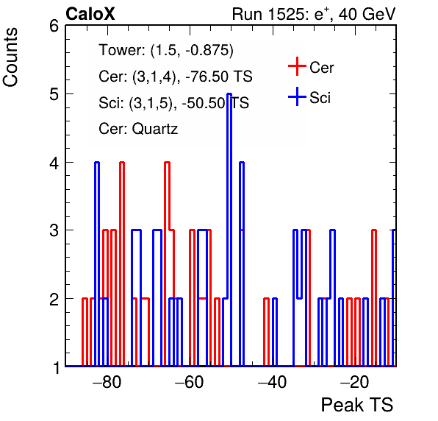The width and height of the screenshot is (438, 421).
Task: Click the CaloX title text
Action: [90, 14]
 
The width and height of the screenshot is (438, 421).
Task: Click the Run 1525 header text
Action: [314, 14]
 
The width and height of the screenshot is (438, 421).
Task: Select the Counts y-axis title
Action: [10, 57]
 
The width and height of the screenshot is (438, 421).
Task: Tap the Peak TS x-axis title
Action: [357, 405]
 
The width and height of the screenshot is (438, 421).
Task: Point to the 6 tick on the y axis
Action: [54, 26]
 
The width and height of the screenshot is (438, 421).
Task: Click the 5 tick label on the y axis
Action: [54, 94]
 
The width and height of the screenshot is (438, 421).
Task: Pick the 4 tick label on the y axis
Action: [54, 163]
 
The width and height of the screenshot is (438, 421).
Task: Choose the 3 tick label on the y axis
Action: [54, 230]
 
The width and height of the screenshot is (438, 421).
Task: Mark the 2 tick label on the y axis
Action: [54, 299]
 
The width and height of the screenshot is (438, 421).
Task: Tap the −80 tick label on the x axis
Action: [107, 382]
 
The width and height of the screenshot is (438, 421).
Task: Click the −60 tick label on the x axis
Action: [190, 382]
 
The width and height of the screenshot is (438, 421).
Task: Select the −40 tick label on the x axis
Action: [273, 382]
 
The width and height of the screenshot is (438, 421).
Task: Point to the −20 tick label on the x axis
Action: [355, 382]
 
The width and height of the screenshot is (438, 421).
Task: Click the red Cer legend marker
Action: [297, 66]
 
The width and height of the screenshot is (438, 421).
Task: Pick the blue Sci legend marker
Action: [297, 97]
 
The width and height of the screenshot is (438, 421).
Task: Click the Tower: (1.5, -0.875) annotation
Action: [166, 50]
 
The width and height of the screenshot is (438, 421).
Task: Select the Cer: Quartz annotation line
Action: [138, 129]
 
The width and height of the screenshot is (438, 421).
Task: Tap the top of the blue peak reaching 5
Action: [229, 94]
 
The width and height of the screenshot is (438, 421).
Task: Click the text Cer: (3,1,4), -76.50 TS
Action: [176, 77]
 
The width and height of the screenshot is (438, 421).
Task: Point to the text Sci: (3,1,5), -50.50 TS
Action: [173, 102]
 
